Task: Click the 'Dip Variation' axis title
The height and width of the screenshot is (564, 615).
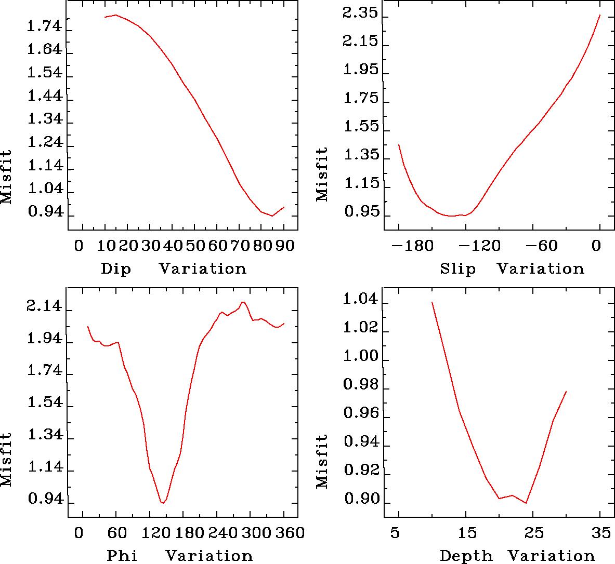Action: pyautogui.click(x=173, y=269)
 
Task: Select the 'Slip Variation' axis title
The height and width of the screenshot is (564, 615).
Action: pyautogui.click(x=512, y=269)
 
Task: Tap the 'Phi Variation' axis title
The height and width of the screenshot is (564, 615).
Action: pyautogui.click(x=179, y=556)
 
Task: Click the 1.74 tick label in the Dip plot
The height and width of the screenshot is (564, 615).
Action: pyautogui.click(x=44, y=28)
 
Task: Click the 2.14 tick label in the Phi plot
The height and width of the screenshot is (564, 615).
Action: pyautogui.click(x=44, y=310)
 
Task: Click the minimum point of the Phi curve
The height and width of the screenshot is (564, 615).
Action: pyautogui.click(x=163, y=503)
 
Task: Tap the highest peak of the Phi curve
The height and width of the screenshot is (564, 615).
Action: pyautogui.click(x=243, y=302)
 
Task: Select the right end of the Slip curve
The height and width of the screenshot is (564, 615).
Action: pyautogui.click(x=599, y=15)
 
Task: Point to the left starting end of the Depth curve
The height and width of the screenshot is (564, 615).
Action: pyautogui.click(x=432, y=302)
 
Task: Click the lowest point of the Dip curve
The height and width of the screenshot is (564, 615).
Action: pyautogui.click(x=272, y=216)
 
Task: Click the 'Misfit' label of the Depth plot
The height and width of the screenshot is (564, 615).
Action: pyautogui.click(x=322, y=461)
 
